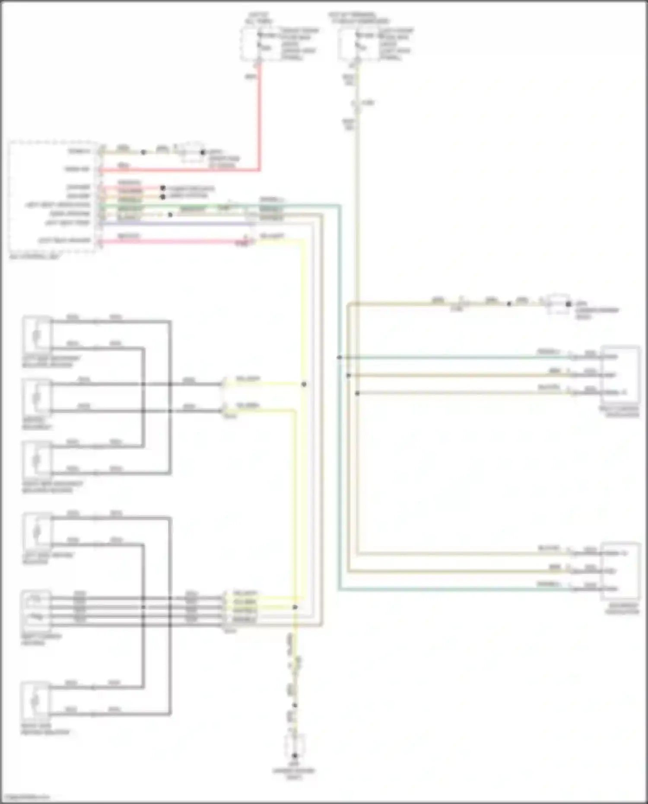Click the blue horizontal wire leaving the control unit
click(x=173, y=224)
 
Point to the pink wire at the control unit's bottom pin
click(x=173, y=242)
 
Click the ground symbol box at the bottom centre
click(x=295, y=748)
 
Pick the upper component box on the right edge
click(x=620, y=374)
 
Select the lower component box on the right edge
click(x=620, y=571)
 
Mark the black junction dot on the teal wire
click(x=340, y=357)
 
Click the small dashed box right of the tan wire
click(x=558, y=304)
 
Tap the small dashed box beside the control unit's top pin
click(x=192, y=152)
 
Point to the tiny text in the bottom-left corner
click(x=26, y=797)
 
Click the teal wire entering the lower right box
click(x=454, y=589)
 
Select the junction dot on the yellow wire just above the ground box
click(x=295, y=705)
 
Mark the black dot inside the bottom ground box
click(x=295, y=756)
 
